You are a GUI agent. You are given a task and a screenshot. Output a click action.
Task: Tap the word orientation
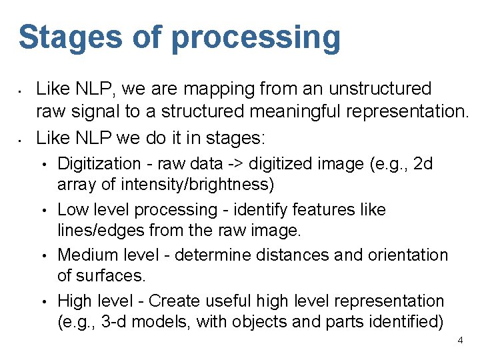(410, 255)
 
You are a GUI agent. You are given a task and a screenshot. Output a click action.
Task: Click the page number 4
(460, 341)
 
